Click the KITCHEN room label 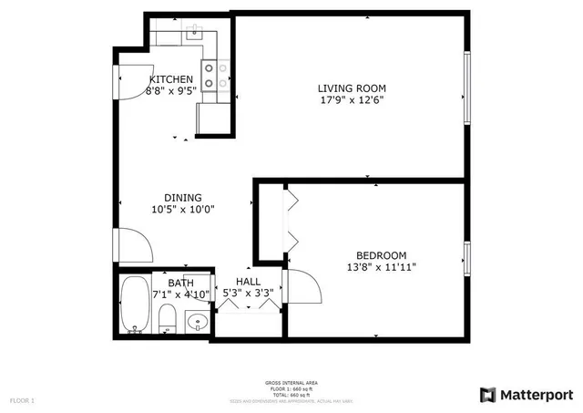(170, 79)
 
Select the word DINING (182, 198)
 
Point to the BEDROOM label (381, 255)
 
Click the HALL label (248, 283)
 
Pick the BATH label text (179, 283)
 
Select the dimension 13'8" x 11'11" (381, 268)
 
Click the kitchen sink (194, 36)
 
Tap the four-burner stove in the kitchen (215, 75)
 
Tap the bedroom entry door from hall (303, 286)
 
